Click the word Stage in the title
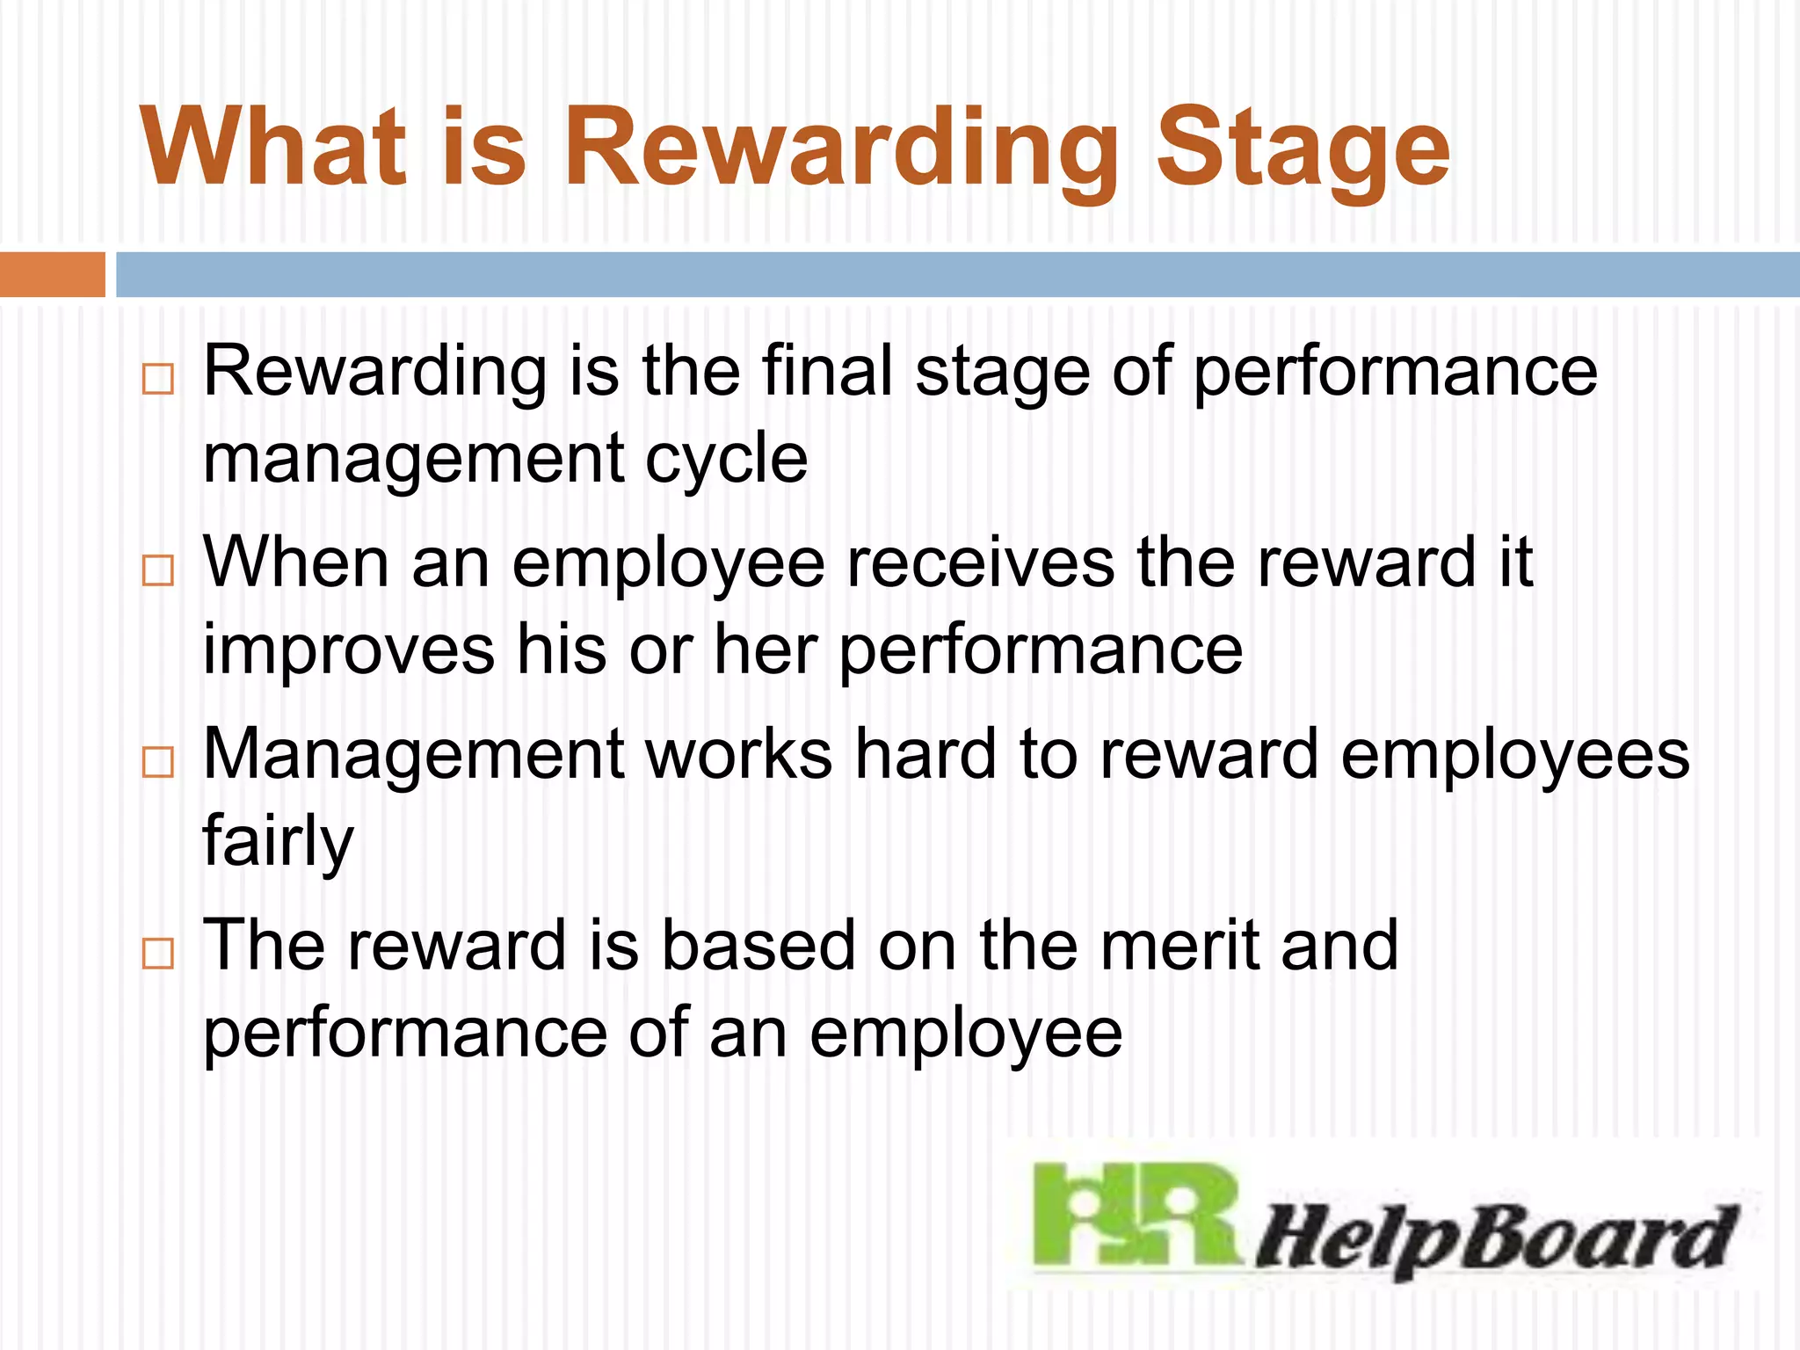click(1303, 148)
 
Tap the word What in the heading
click(273, 148)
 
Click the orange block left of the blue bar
click(52, 274)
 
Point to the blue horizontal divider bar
click(958, 274)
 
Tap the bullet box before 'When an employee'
click(158, 570)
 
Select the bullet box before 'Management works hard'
click(158, 761)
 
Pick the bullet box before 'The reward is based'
click(158, 953)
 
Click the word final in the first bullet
click(827, 371)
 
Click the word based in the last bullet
click(758, 945)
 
